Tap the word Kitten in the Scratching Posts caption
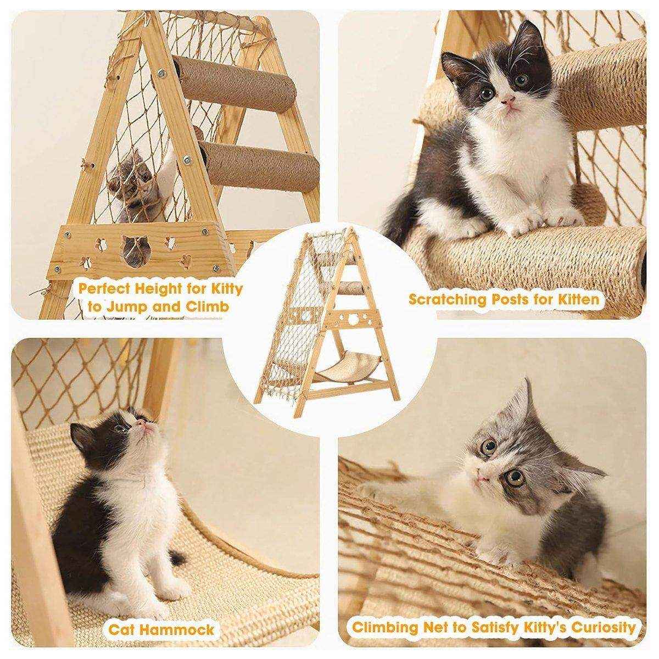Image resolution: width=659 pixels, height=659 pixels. tap(577, 300)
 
